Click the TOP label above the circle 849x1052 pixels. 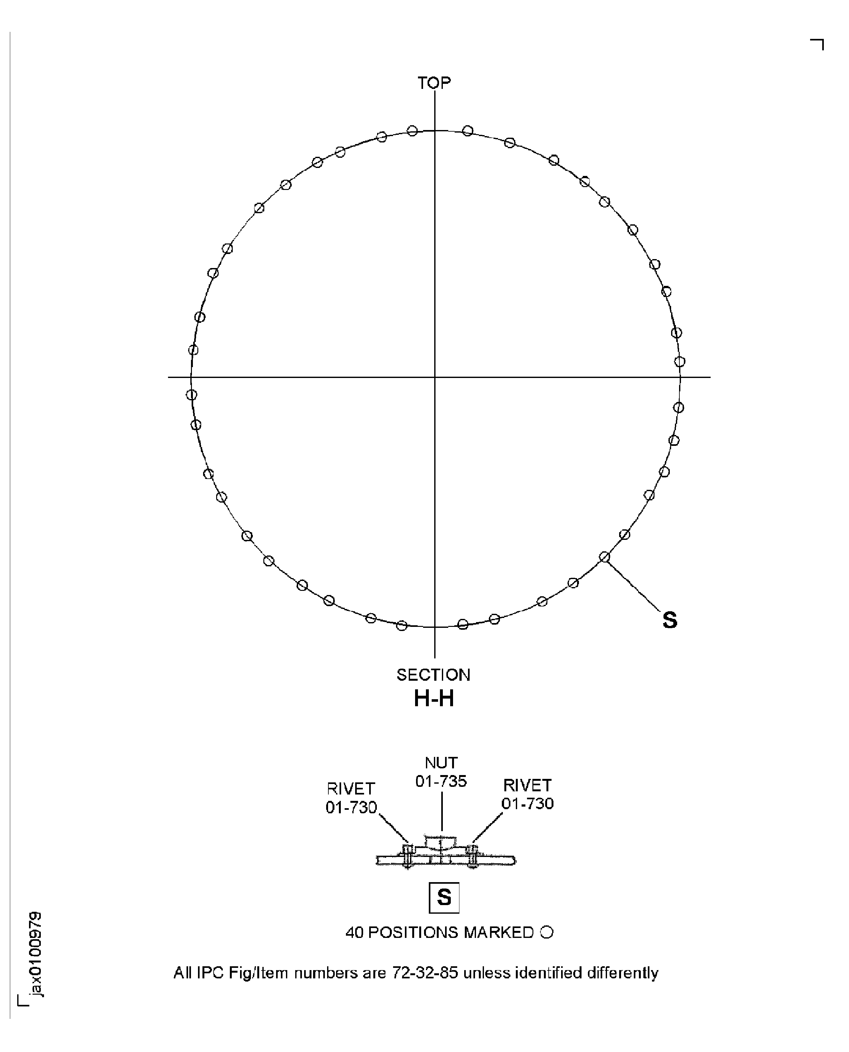434,83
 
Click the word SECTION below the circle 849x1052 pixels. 433,675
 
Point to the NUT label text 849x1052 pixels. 441,763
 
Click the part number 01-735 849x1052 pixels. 441,781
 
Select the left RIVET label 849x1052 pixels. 351,788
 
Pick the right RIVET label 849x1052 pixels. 527,785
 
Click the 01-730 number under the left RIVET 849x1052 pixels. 351,807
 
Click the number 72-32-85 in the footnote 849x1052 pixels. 425,973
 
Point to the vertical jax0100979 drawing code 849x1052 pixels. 35,953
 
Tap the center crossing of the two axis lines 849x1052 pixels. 435,377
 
